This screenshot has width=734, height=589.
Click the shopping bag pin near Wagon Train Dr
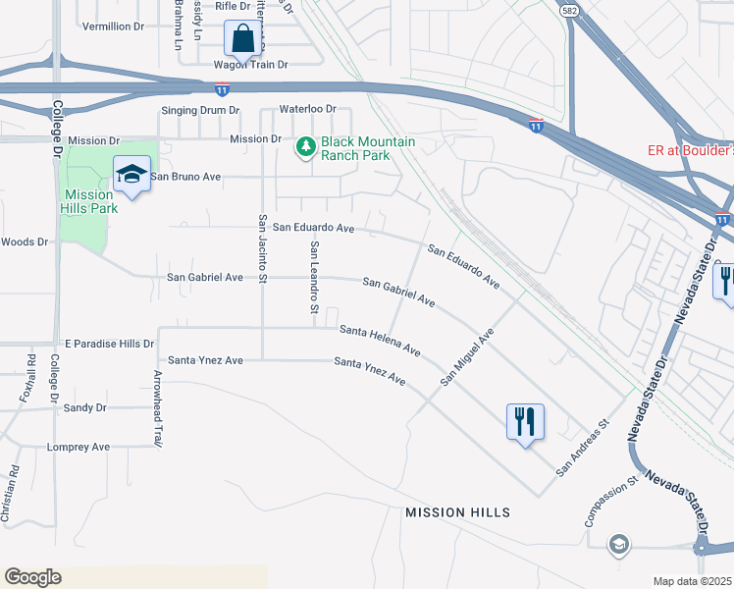(243, 40)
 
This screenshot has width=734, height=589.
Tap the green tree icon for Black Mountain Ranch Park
(306, 147)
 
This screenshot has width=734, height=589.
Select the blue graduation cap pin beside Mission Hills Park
(131, 175)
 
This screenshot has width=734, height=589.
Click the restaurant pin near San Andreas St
(524, 422)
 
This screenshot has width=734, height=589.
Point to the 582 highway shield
(569, 10)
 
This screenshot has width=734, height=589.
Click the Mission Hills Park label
(89, 201)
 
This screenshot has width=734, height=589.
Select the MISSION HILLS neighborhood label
(457, 512)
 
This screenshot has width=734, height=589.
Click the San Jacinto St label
(262, 249)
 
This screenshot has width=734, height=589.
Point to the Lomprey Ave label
(79, 447)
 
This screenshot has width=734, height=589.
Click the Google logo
(32, 576)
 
